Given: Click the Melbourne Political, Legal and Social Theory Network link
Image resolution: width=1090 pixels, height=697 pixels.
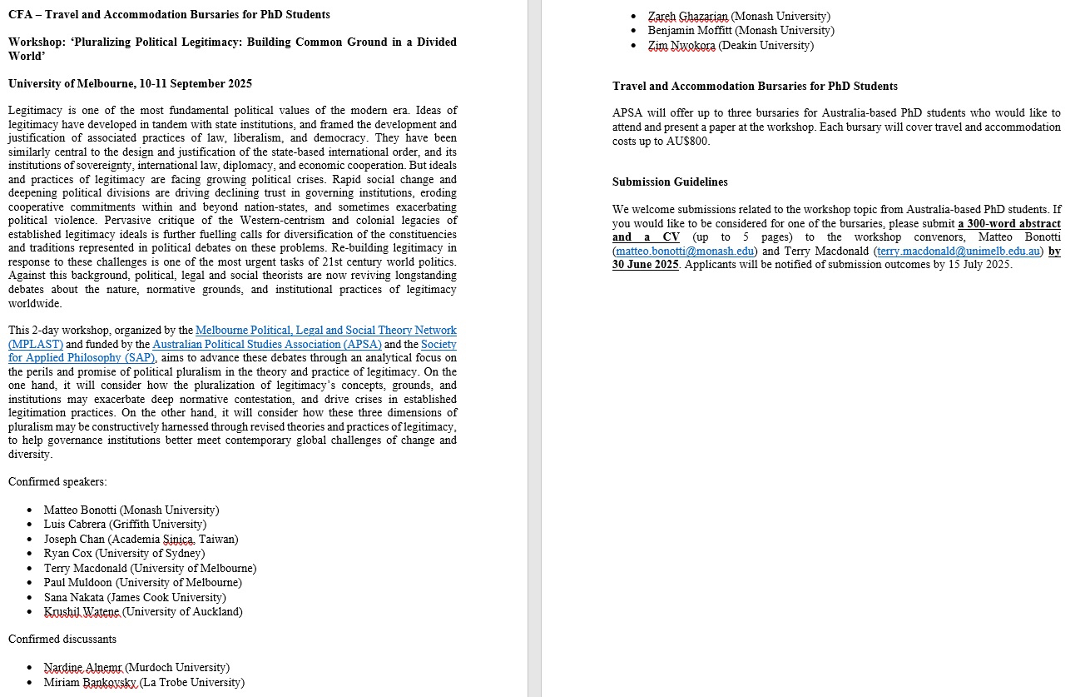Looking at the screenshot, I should pos(325,331).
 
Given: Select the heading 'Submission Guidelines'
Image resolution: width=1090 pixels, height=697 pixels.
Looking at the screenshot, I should pos(670,182).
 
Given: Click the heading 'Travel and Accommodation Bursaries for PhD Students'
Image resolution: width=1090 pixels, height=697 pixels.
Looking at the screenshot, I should pos(755,86).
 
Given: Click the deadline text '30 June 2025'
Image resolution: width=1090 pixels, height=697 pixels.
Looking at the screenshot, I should pos(646,265).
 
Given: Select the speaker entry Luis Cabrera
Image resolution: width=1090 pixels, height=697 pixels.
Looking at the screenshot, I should pos(124,525).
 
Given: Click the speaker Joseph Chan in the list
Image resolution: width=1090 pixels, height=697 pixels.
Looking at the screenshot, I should pos(141,539).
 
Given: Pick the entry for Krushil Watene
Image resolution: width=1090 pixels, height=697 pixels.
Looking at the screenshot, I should pos(143,612).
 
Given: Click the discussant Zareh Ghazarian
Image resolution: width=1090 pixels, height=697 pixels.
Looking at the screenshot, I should pos(739,16).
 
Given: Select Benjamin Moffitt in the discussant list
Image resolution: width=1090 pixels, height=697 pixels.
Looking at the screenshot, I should pos(741,31).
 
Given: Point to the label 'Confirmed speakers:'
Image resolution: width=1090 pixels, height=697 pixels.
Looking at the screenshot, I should pos(57,481).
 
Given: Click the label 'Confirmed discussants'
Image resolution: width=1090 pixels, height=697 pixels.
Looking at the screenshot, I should pos(62,639).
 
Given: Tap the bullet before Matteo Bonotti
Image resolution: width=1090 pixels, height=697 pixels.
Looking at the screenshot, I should pos(30,510).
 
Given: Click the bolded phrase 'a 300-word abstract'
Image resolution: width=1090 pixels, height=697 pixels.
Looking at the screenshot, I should pos(1008,223).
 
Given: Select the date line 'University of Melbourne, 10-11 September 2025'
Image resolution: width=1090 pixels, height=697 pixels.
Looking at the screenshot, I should pos(130,83).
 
